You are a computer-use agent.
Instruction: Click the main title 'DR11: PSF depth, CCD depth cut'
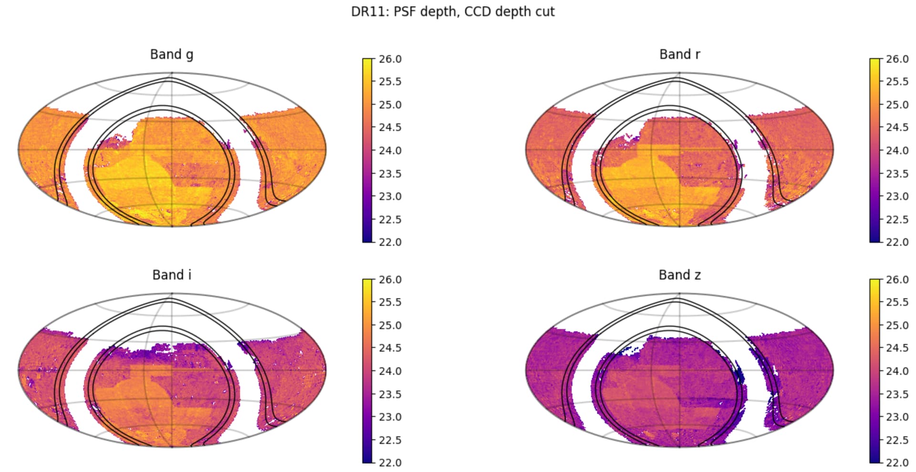[x=452, y=11]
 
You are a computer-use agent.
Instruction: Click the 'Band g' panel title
[x=172, y=54]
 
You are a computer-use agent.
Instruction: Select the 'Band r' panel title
[x=679, y=54]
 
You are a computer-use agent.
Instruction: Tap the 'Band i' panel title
[x=172, y=275]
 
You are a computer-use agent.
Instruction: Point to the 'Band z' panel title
[x=679, y=275]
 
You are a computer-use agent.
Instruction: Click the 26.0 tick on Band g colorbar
[x=390, y=59]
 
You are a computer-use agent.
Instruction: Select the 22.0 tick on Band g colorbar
[x=390, y=242]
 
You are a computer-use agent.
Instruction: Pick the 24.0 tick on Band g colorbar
[x=390, y=150]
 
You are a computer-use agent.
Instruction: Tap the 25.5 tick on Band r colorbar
[x=897, y=82]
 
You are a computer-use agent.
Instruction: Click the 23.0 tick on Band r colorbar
[x=897, y=196]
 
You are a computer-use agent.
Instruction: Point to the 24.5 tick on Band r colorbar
[x=897, y=127]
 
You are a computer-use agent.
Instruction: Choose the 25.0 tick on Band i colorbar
[x=390, y=325]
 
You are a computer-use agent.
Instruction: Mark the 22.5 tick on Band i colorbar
[x=390, y=440]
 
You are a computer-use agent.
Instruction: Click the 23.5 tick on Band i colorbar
[x=390, y=394]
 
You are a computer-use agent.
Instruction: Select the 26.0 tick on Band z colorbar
[x=897, y=280]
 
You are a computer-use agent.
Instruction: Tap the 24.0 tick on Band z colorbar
[x=897, y=371]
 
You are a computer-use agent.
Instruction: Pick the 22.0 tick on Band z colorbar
[x=897, y=462]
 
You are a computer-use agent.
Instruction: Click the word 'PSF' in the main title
[x=406, y=11]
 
